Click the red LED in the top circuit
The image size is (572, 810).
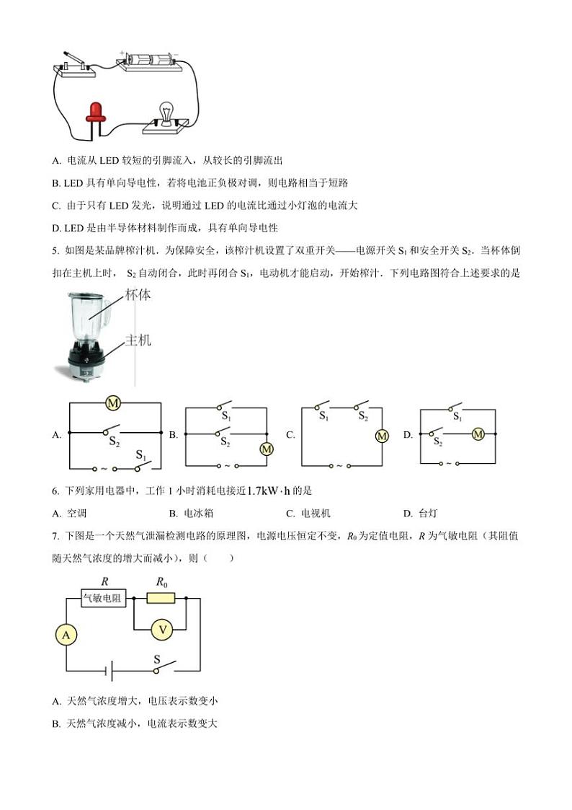click(x=94, y=112)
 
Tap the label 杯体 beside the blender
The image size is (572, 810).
click(x=138, y=295)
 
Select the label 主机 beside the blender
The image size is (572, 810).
click(x=138, y=340)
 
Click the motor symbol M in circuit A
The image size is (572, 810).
click(x=112, y=403)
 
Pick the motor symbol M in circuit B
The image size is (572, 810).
click(x=267, y=449)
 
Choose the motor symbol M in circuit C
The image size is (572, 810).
click(x=382, y=436)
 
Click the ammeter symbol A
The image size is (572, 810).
click(x=66, y=635)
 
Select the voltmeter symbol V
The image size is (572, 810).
click(x=162, y=630)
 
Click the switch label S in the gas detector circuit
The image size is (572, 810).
click(x=158, y=659)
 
